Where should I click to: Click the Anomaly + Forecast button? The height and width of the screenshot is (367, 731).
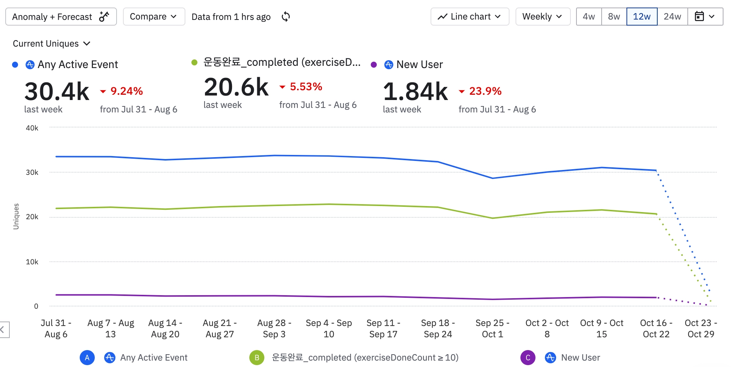click(x=61, y=17)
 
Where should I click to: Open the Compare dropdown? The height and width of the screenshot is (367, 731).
click(x=153, y=17)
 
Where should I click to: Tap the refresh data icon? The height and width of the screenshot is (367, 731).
click(x=286, y=17)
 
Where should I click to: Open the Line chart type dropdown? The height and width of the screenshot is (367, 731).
click(x=470, y=17)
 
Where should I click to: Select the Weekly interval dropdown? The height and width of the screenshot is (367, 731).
click(x=543, y=17)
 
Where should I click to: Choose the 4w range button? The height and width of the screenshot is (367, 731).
click(x=589, y=17)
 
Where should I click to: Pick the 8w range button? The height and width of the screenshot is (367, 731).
click(x=614, y=17)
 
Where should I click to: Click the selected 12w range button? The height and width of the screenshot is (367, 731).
click(x=642, y=17)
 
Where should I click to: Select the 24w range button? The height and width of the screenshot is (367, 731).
click(x=672, y=17)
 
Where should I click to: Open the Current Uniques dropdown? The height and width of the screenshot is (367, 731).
click(x=52, y=44)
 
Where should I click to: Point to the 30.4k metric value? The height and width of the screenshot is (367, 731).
click(x=57, y=91)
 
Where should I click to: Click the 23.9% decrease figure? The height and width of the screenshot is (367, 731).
click(x=485, y=91)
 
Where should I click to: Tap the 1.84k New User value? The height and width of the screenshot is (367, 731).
click(x=415, y=91)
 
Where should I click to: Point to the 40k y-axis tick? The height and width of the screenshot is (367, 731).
click(x=32, y=128)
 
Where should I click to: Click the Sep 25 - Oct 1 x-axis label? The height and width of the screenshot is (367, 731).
click(x=492, y=328)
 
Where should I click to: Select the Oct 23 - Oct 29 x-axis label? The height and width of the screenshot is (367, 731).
click(x=701, y=328)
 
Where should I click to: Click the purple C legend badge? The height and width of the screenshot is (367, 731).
click(x=528, y=358)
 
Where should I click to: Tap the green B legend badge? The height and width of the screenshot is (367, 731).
click(x=257, y=358)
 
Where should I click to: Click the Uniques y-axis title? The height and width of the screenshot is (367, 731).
click(x=16, y=216)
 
